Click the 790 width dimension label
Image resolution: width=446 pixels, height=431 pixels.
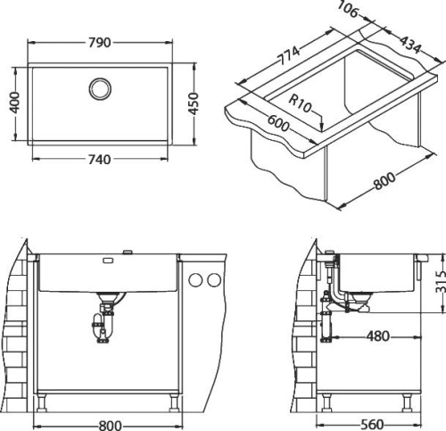point(100,41)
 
